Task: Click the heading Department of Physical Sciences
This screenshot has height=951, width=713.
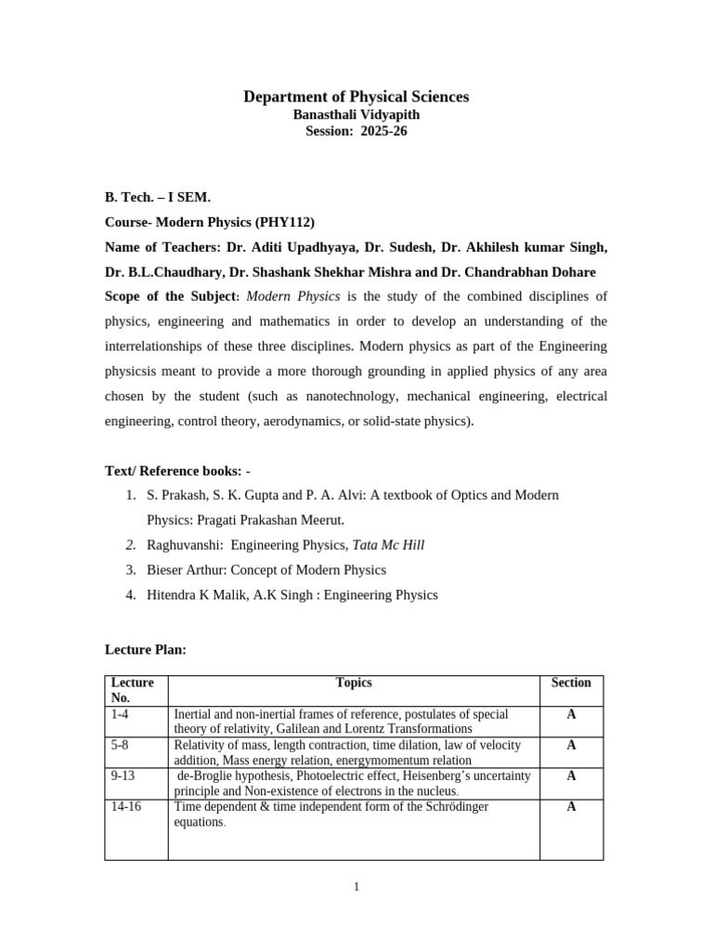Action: (x=356, y=97)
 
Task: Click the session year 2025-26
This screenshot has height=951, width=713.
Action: (x=383, y=131)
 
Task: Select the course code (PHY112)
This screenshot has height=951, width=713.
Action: (x=286, y=222)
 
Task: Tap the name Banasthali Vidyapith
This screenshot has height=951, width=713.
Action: (x=356, y=114)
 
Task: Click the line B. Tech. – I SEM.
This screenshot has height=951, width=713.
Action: (x=158, y=198)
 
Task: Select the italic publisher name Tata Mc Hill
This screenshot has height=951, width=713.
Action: (x=388, y=545)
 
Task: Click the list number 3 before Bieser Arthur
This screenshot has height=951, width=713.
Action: (x=131, y=569)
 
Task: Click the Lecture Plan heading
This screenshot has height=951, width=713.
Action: (x=146, y=649)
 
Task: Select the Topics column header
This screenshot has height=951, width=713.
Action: (x=354, y=683)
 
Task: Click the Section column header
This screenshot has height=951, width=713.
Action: (x=571, y=683)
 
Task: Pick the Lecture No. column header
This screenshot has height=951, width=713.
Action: (x=133, y=690)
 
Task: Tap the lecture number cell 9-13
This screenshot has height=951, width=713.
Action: (x=123, y=775)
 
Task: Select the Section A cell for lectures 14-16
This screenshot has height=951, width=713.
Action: (x=571, y=807)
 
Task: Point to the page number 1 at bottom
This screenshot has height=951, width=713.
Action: (x=356, y=887)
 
